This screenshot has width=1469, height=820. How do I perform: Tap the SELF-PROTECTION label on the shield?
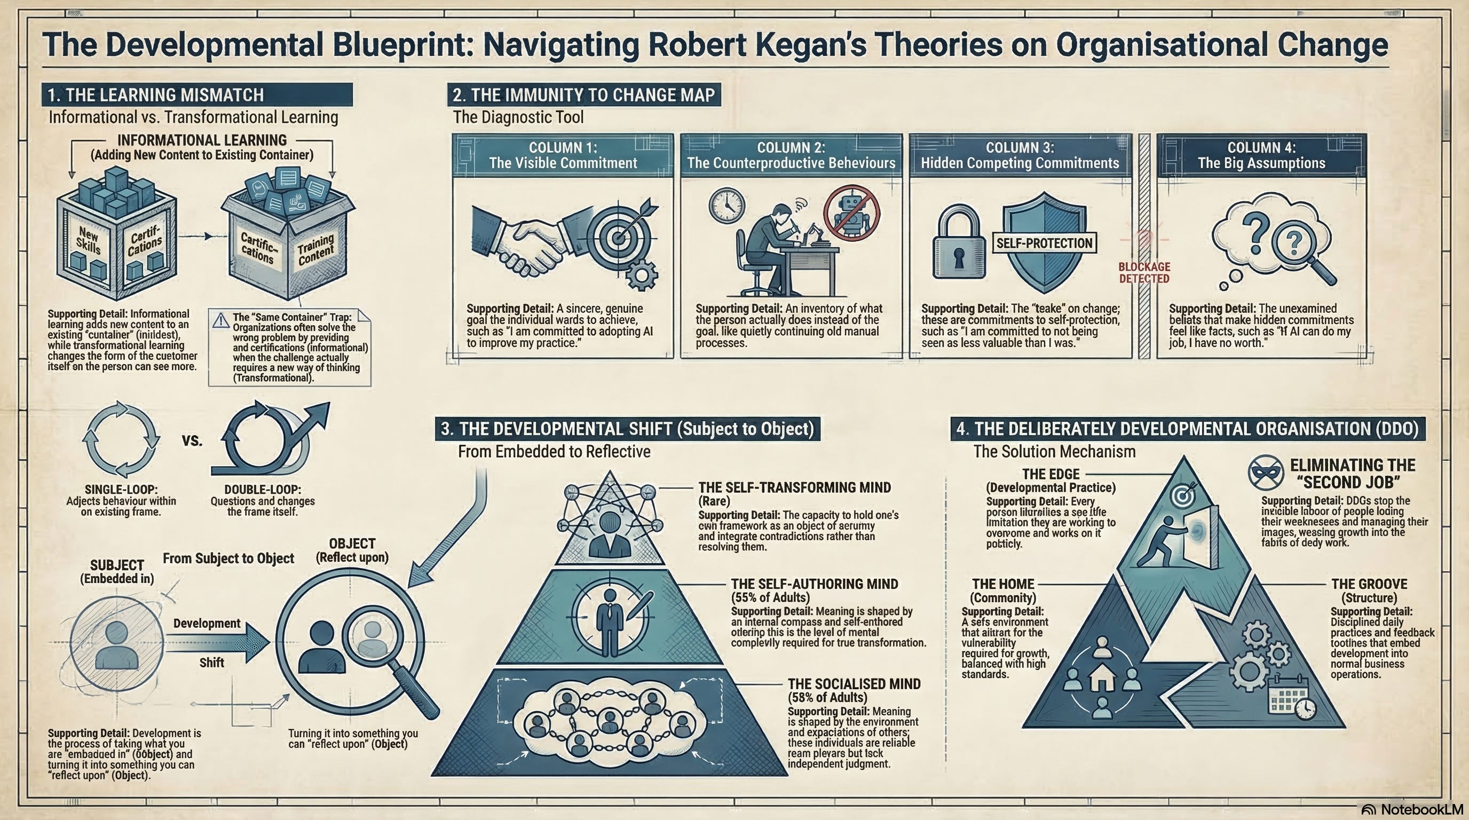(1044, 243)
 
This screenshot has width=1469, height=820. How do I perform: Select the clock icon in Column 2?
(726, 206)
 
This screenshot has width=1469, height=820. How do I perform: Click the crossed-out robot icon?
(852, 212)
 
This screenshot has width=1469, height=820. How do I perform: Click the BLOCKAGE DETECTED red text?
(1144, 273)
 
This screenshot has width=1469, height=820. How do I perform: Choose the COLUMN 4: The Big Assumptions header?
(1261, 155)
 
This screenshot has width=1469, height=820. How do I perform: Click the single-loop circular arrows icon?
(121, 439)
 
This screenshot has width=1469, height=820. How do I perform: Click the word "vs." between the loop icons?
(192, 441)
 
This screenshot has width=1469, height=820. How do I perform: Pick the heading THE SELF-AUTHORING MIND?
(815, 584)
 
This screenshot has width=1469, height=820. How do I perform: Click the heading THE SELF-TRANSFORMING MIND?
(794, 487)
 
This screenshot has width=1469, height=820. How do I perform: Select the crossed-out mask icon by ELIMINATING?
(1266, 472)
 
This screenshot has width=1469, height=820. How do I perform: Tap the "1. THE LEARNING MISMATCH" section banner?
(197, 94)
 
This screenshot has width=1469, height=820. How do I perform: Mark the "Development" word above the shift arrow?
(207, 623)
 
